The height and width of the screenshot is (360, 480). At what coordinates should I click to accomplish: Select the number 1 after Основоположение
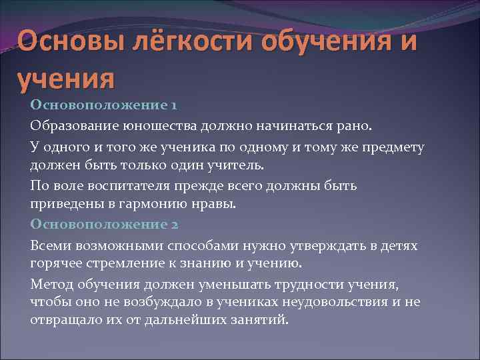(173, 105)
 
